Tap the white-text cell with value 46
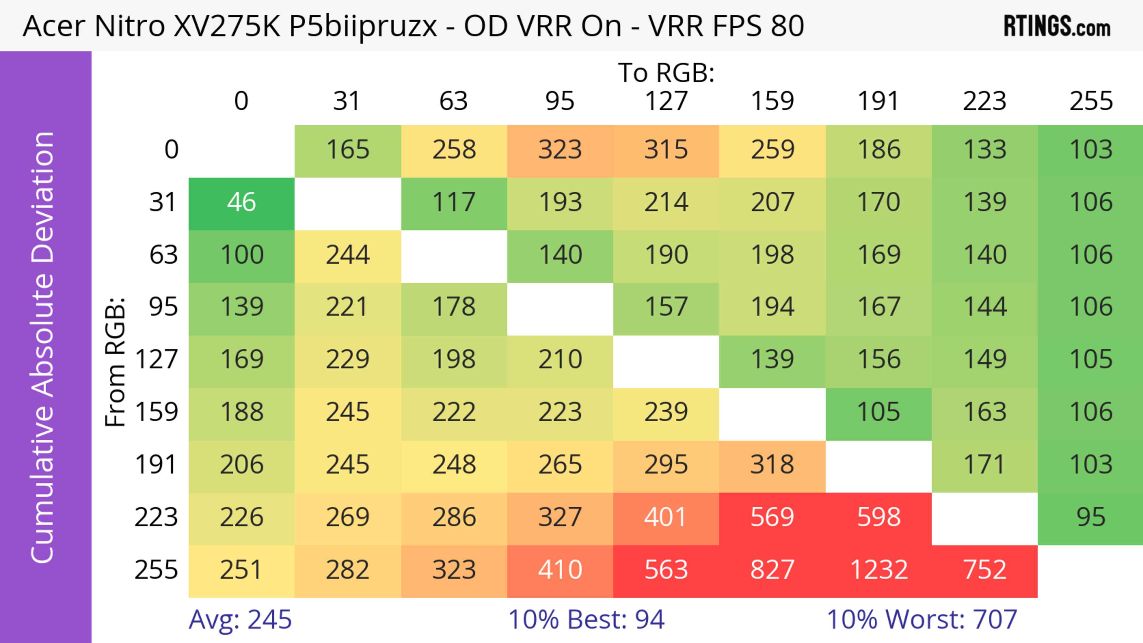pyautogui.click(x=241, y=203)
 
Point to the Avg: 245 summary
pyautogui.click(x=240, y=619)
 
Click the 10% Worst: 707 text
pyautogui.click(x=922, y=619)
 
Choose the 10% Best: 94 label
pyautogui.click(x=586, y=619)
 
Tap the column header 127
pyautogui.click(x=666, y=101)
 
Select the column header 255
pyautogui.click(x=1091, y=101)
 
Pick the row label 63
pyautogui.click(x=163, y=255)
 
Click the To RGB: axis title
pyautogui.click(x=666, y=73)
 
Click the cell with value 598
pyautogui.click(x=879, y=517)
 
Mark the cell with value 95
pyautogui.click(x=1091, y=517)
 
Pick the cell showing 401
pyautogui.click(x=666, y=517)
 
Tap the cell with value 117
pyautogui.click(x=454, y=203)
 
